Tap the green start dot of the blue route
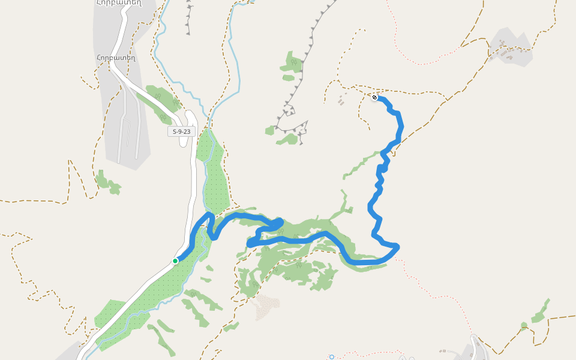click(x=175, y=261)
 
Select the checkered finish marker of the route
click(x=374, y=97)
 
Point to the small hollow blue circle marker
click(x=331, y=357)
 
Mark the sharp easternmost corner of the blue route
click(x=397, y=246)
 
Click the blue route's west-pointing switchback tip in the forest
click(x=250, y=244)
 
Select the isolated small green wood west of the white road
click(x=107, y=183)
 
